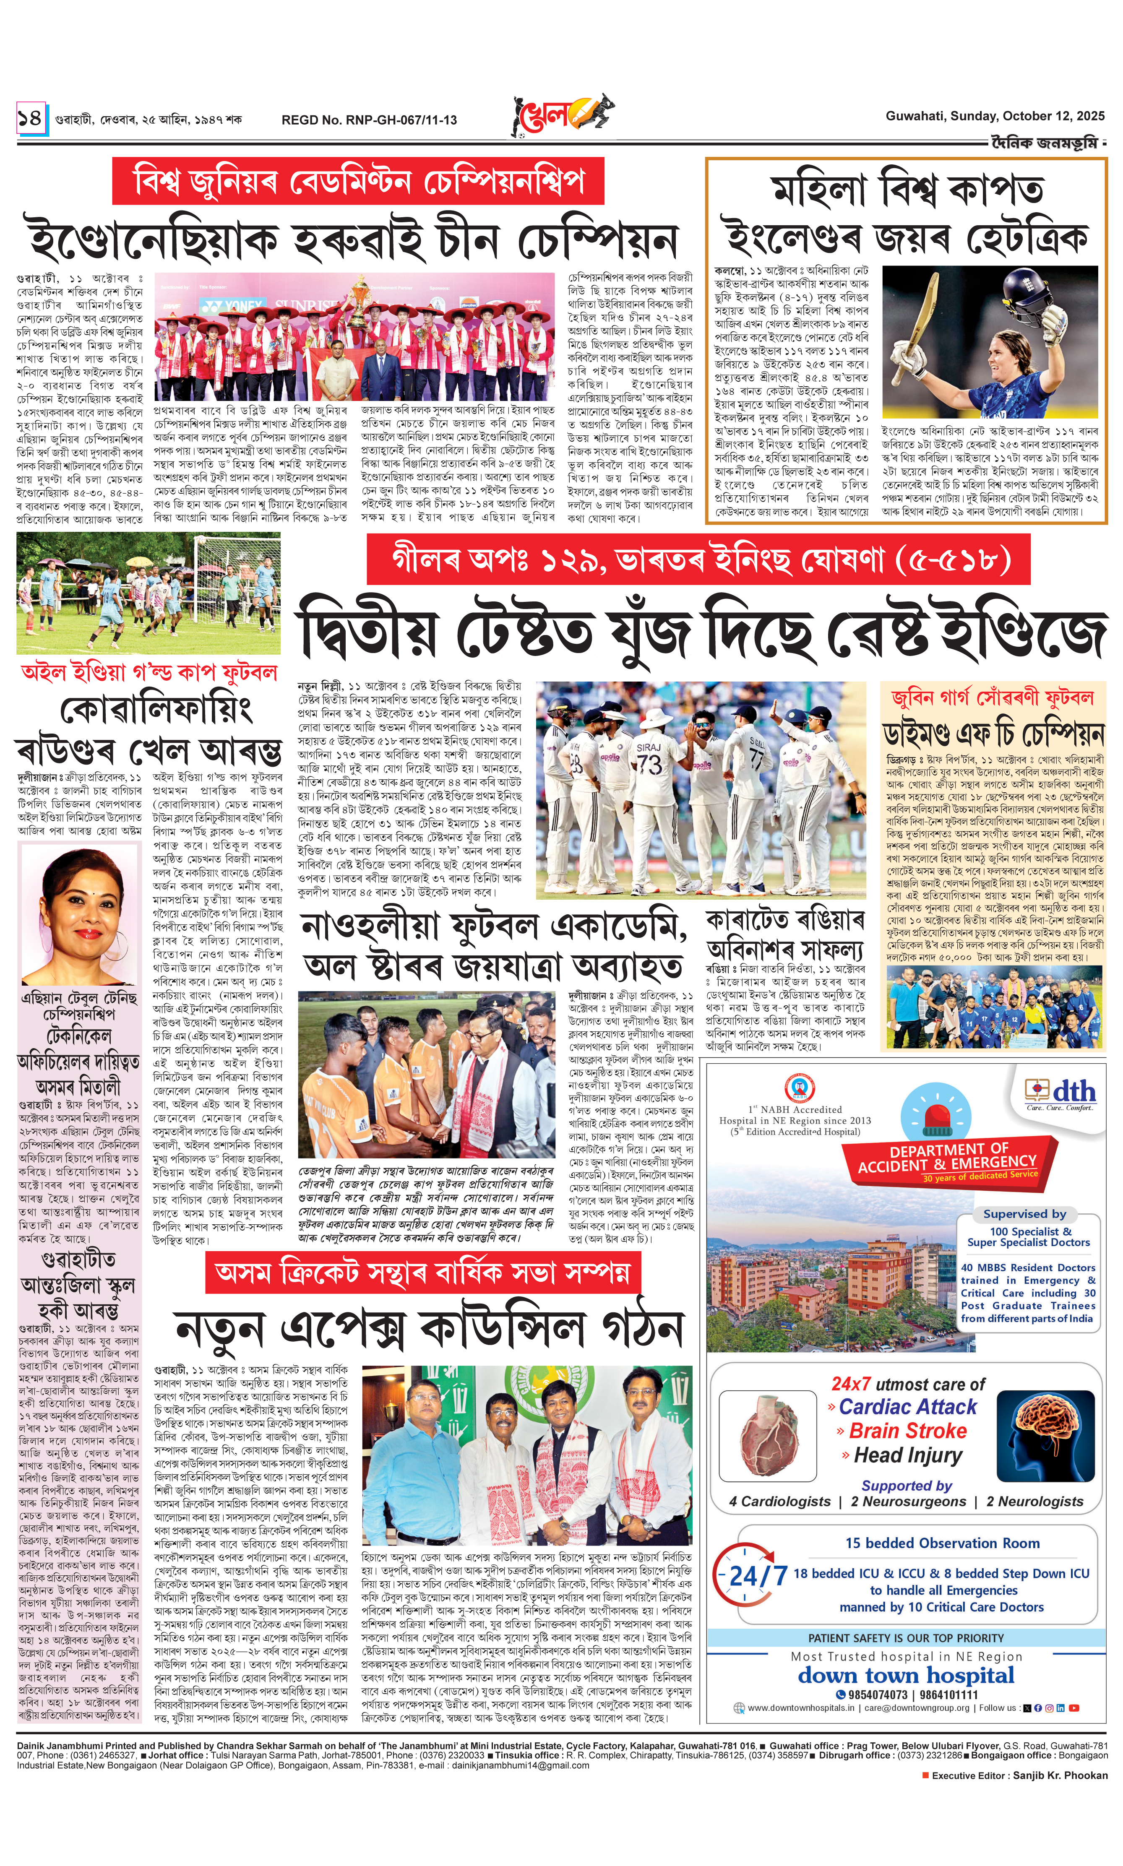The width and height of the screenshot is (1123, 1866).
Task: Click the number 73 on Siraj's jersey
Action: [x=649, y=763]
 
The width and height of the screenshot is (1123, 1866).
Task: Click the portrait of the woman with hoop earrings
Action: [x=79, y=915]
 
